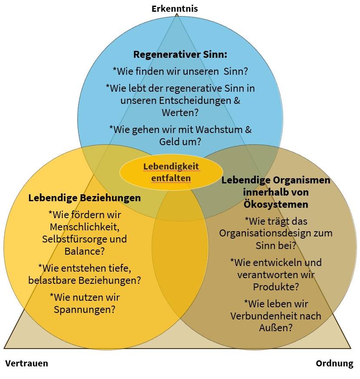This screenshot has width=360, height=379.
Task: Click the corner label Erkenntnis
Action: click(x=175, y=8)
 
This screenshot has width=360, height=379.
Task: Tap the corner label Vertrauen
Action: click(x=26, y=363)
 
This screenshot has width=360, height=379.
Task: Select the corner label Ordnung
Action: click(x=334, y=363)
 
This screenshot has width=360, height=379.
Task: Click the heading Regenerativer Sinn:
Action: click(x=180, y=55)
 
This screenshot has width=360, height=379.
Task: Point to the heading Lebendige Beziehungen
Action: click(x=85, y=198)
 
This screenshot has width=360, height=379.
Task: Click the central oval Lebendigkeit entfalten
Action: click(x=171, y=172)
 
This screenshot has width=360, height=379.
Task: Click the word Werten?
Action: click(x=180, y=112)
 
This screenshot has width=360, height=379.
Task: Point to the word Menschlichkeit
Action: click(x=85, y=227)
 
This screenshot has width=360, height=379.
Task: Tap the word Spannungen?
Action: click(x=85, y=309)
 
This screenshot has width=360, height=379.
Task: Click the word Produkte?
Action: click(x=276, y=287)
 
